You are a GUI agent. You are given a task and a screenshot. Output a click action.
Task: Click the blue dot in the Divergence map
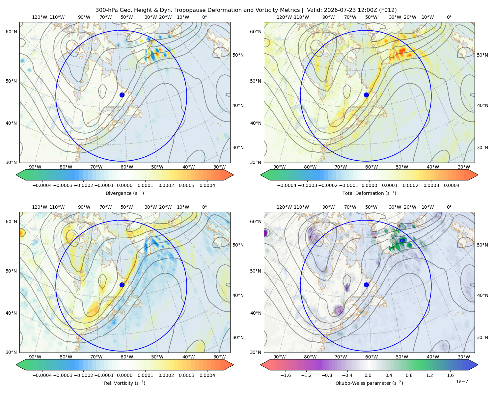pos(122,95)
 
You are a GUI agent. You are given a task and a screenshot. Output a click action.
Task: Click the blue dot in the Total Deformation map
pos(366,95)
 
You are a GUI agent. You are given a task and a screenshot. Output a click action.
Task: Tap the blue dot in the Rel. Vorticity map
pos(122,285)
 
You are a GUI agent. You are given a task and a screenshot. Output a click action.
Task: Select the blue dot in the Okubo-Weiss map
pos(366,285)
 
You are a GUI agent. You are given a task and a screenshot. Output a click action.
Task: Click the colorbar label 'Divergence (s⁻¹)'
pos(124,193)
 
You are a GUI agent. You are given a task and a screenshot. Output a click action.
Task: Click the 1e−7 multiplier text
pos(462,382)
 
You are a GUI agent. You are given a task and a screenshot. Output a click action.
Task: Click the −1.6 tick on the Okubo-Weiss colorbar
pos(286,375)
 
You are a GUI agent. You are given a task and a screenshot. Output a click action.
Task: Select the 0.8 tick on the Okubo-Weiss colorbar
pos(409,375)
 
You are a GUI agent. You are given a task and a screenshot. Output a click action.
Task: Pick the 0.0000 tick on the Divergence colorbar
pos(124,185)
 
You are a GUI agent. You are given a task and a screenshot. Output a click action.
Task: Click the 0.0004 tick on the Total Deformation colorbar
pos(452,185)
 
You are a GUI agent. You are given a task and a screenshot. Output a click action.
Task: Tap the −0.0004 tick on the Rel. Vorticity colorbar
pos(42,375)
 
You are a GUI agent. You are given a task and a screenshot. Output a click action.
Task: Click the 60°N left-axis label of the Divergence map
pos(11,32)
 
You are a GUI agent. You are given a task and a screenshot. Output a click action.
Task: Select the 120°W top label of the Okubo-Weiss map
pos(284,207)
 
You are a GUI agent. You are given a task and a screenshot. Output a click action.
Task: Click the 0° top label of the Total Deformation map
pos(449,17)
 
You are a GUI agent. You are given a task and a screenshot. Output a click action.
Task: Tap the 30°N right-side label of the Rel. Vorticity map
pos(238,337)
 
